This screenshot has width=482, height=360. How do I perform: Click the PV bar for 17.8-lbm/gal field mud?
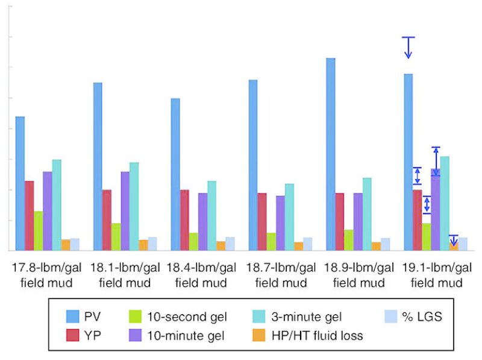tap(20, 183)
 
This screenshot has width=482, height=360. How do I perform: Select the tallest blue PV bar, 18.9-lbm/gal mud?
tap(330, 154)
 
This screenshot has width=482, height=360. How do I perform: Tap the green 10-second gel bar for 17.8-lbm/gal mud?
tap(38, 231)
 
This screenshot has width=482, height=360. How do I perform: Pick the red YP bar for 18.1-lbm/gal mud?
tap(107, 220)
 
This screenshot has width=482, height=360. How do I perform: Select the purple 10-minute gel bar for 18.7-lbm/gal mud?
tap(280, 223)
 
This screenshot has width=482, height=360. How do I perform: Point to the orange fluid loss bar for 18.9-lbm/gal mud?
tap(376, 246)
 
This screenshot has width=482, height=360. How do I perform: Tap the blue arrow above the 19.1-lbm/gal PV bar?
tap(408, 48)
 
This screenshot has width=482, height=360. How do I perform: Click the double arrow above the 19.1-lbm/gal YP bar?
tap(417, 175)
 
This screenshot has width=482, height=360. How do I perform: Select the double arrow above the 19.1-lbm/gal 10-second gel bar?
tap(427, 204)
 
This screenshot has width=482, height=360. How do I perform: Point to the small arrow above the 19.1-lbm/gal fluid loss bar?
tap(454, 239)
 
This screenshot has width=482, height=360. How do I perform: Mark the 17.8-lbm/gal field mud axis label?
tap(48, 275)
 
